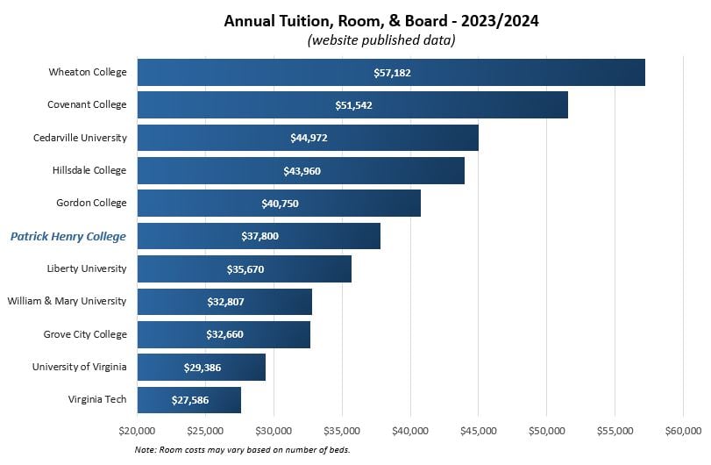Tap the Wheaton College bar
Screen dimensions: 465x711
tap(391, 72)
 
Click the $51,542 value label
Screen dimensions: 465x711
tap(354, 105)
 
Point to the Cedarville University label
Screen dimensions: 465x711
tap(80, 138)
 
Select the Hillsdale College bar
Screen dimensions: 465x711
tap(301, 170)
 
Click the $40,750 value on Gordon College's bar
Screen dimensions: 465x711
tap(280, 204)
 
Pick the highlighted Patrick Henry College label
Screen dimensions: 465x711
tap(68, 236)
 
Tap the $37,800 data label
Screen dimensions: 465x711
tap(260, 236)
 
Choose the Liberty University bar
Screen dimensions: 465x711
tap(245, 268)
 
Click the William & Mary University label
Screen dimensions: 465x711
tap(67, 301)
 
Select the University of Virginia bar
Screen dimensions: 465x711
tap(202, 367)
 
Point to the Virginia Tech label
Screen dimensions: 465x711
tap(97, 399)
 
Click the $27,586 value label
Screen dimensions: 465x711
tap(190, 400)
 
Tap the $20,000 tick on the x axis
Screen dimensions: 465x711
tap(137, 431)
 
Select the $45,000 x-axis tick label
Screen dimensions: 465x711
tap(478, 431)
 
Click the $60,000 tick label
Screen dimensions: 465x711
tap(683, 431)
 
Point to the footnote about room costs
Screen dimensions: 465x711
tap(242, 450)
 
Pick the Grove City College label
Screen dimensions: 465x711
tap(85, 334)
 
